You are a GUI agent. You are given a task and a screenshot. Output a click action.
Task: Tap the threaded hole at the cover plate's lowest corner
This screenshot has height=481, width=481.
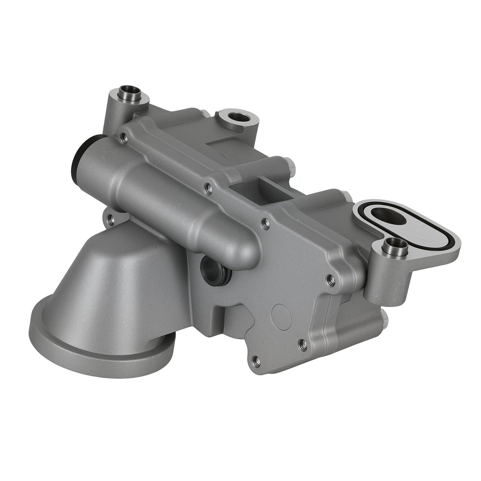(256, 359)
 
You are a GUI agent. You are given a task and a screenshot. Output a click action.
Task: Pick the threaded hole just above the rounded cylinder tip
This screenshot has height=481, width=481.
(264, 223)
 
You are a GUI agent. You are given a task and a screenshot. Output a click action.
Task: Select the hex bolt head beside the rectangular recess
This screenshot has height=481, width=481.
(290, 165)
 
